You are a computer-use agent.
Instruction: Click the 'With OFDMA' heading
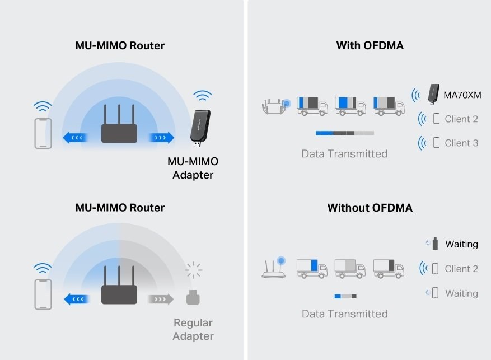[x=370, y=45]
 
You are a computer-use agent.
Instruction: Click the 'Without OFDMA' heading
[x=370, y=208]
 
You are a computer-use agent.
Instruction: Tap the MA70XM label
[x=462, y=95]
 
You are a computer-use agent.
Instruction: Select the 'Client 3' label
[x=461, y=143]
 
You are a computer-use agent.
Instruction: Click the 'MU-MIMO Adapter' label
[x=193, y=168]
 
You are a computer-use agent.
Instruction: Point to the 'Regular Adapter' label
[x=193, y=329]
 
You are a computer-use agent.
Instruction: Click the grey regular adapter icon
[x=193, y=297]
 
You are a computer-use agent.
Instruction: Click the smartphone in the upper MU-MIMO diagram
[x=43, y=133]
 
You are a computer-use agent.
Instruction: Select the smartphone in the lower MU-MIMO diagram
[x=43, y=294]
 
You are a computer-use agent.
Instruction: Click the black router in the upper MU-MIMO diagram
[x=119, y=124]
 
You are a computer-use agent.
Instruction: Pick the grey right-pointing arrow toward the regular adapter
[x=161, y=299]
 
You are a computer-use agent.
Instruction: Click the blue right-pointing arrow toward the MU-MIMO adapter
[x=161, y=137]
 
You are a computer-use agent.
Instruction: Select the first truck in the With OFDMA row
[x=312, y=105]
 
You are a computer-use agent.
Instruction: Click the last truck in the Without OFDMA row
[x=388, y=268]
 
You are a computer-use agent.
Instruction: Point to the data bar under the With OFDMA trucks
[x=344, y=133]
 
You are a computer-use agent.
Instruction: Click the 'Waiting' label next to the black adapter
[x=461, y=244]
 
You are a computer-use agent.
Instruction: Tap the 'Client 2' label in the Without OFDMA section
[x=461, y=269]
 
